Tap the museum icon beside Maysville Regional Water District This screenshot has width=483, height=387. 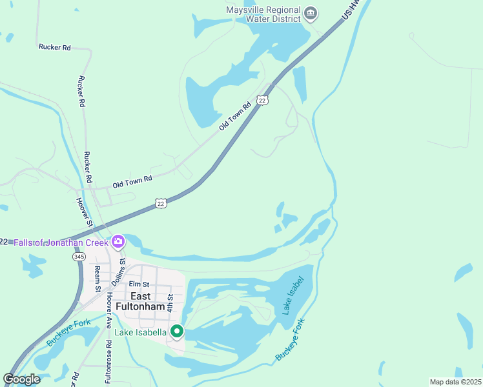[311, 14]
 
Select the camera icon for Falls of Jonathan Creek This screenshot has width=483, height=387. [118, 242]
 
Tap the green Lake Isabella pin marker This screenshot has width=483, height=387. [176, 332]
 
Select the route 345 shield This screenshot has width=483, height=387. [79, 256]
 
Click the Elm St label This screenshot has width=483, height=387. [139, 284]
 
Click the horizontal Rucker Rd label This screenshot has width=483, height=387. [54, 47]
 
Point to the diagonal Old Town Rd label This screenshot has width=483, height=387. [234, 116]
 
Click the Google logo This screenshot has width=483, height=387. [21, 379]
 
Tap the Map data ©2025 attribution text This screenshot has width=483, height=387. [455, 382]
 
